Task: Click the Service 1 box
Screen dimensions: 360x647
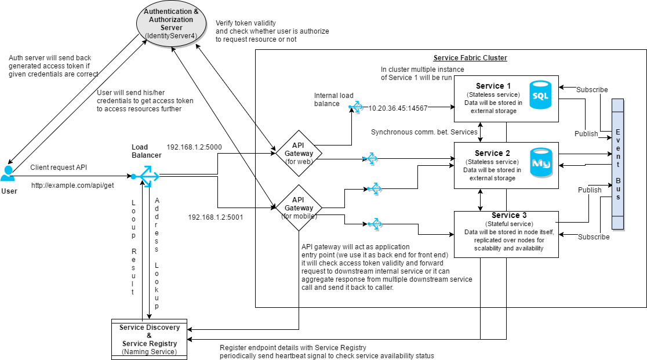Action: click(506, 99)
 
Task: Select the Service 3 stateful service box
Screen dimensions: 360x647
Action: click(506, 234)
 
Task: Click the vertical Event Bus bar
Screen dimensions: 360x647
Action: click(618, 164)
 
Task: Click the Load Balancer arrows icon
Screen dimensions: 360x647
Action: click(144, 176)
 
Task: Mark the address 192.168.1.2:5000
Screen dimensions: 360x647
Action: click(194, 147)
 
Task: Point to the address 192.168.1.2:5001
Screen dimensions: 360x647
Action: click(215, 217)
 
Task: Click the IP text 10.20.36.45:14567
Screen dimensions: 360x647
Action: click(398, 108)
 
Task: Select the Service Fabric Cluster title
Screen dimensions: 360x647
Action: click(470, 58)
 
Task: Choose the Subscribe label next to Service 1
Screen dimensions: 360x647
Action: click(592, 90)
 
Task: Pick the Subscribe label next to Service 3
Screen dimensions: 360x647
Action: click(594, 237)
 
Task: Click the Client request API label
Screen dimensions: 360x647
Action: click(58, 167)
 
